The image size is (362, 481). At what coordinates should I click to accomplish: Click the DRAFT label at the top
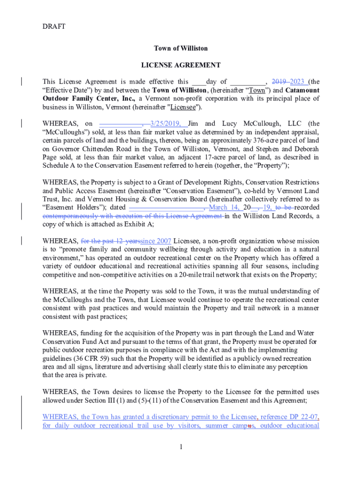[54, 26]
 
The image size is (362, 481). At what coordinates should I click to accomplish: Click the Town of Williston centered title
[181, 48]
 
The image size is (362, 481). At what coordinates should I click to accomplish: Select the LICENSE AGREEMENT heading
[181, 65]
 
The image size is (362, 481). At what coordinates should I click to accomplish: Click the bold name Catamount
[302, 90]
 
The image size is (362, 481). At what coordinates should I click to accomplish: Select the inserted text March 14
[224, 208]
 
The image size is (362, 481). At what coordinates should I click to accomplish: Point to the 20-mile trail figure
[231, 275]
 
